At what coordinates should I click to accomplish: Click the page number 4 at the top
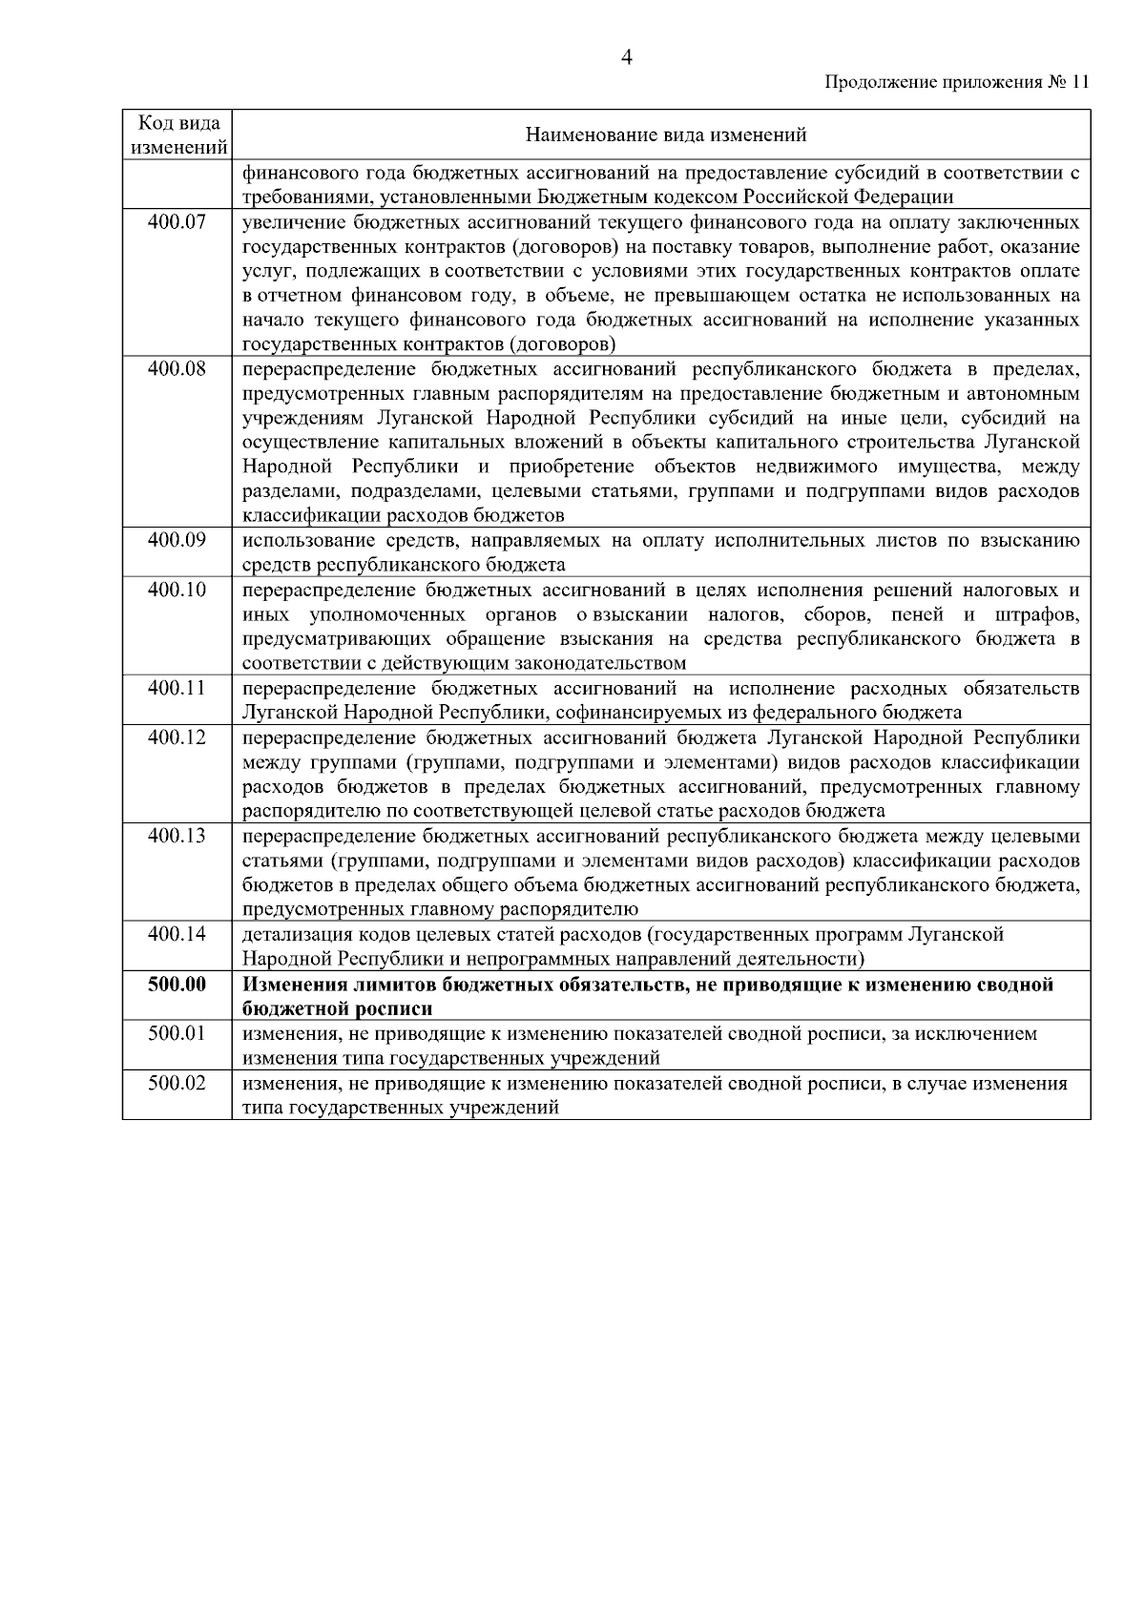pyautogui.click(x=627, y=57)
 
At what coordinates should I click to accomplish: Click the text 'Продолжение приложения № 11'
pyautogui.click(x=955, y=82)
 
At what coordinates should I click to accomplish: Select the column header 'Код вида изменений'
pyautogui.click(x=178, y=135)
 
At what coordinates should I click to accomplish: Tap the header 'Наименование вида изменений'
pyautogui.click(x=666, y=135)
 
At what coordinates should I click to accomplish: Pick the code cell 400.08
pyautogui.click(x=177, y=368)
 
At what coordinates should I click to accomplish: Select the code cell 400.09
pyautogui.click(x=177, y=540)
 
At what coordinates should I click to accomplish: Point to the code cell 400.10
pyautogui.click(x=177, y=590)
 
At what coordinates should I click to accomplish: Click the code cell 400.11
pyautogui.click(x=177, y=688)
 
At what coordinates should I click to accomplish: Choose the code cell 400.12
pyautogui.click(x=177, y=737)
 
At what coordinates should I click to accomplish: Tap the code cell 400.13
pyautogui.click(x=177, y=836)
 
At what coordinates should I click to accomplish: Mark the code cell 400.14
pyautogui.click(x=177, y=934)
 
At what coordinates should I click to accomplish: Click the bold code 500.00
pyautogui.click(x=177, y=984)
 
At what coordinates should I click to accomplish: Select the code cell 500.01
pyautogui.click(x=177, y=1033)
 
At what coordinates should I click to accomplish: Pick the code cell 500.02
pyautogui.click(x=177, y=1083)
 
